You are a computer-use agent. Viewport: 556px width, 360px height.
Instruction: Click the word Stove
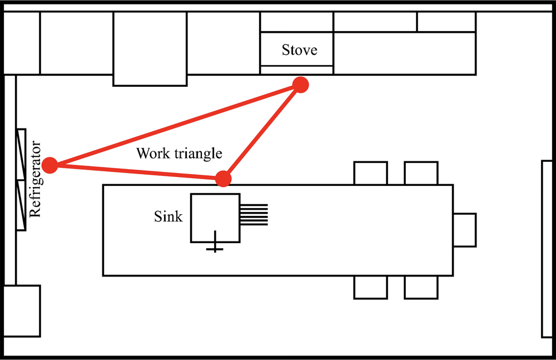tap(299, 50)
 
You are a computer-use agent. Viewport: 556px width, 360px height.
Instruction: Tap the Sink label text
tap(168, 216)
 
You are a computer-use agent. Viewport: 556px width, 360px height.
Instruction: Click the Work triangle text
tap(179, 154)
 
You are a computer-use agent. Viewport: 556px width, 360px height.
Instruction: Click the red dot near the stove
tap(300, 85)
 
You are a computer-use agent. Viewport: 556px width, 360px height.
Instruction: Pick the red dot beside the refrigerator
tap(50, 165)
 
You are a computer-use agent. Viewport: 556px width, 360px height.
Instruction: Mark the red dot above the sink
tap(223, 179)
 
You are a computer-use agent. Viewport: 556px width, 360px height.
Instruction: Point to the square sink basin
tap(215, 218)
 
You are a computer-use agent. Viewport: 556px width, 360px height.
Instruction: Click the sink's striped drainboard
tap(254, 214)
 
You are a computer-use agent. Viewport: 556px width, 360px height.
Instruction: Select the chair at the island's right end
tap(465, 230)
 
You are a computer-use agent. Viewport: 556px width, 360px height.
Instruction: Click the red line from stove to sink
tap(261, 132)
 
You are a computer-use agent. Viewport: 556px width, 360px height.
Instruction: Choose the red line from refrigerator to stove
tap(175, 125)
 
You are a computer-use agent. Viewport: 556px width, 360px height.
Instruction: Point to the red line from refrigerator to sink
tap(136, 172)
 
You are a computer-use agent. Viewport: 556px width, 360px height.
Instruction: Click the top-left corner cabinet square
tap(22, 43)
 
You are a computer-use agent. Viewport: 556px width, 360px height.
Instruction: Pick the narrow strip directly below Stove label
tap(297, 70)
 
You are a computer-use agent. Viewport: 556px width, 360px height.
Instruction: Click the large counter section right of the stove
tap(404, 53)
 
